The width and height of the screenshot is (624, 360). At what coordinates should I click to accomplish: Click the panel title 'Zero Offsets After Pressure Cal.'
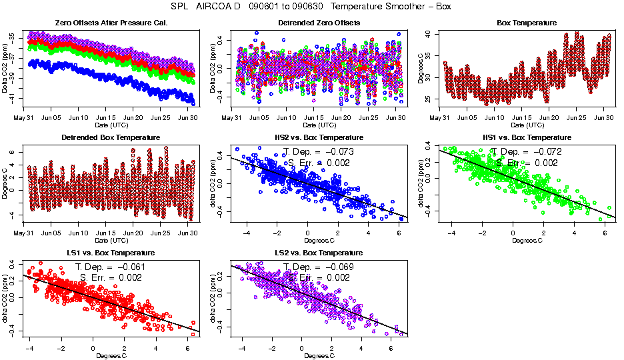click(111, 23)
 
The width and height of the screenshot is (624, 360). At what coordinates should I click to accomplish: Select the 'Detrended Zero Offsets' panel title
click(318, 23)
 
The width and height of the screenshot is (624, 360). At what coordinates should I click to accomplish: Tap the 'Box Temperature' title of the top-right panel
click(527, 23)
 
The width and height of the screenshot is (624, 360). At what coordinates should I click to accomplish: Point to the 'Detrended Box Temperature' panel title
click(111, 138)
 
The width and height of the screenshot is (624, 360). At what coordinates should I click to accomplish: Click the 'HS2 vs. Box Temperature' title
click(318, 138)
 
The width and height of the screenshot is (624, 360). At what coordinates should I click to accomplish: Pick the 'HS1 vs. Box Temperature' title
click(527, 138)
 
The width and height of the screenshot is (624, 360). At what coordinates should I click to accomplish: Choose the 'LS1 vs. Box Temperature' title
click(111, 253)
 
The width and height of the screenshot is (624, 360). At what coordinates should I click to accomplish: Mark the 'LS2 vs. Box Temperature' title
click(318, 253)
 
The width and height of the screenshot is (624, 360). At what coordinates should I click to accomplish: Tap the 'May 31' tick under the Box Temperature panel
click(439, 118)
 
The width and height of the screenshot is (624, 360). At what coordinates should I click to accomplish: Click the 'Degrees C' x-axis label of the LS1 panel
click(111, 356)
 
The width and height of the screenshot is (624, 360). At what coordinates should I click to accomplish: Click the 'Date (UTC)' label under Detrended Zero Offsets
click(318, 125)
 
